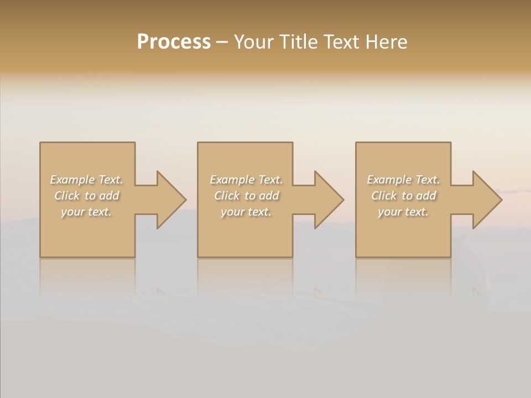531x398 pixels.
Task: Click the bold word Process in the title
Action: point(174,42)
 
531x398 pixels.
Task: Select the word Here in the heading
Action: point(386,42)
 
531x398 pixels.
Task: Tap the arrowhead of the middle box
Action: point(328,200)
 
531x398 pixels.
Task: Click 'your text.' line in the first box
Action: point(86,212)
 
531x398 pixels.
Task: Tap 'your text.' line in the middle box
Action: point(246,212)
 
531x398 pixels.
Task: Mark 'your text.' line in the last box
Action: point(403,212)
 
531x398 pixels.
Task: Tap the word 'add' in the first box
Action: point(109,196)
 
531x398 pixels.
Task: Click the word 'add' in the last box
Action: point(426,196)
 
